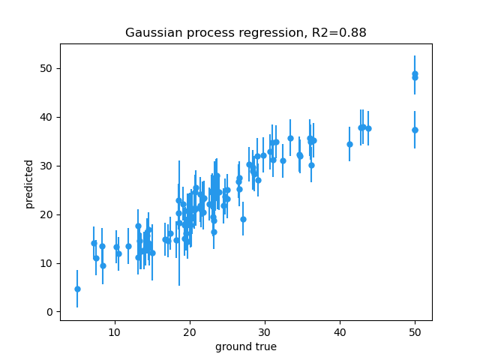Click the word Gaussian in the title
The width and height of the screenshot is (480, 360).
[152, 33]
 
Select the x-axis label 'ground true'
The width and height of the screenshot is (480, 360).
[246, 346]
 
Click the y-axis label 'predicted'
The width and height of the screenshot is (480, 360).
[29, 184]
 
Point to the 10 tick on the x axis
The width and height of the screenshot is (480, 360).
[115, 331]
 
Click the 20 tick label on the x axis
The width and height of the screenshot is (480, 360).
[190, 331]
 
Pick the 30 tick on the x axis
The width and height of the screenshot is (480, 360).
[265, 331]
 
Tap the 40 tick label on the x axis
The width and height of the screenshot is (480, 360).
[340, 331]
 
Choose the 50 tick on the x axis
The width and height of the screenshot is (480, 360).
[415, 331]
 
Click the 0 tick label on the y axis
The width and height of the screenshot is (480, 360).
[49, 312]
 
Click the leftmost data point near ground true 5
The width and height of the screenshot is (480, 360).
[77, 289]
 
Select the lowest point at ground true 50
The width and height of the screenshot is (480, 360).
[415, 130]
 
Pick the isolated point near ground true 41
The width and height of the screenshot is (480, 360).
[349, 144]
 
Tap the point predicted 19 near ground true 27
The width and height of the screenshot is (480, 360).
[243, 219]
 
